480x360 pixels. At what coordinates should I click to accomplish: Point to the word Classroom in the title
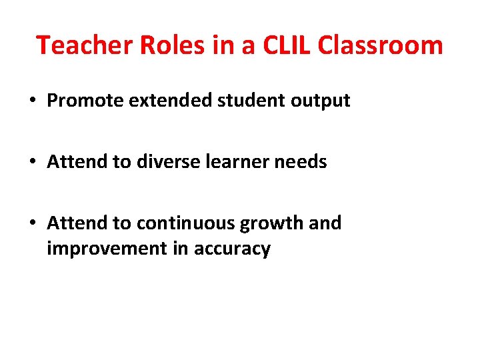(x=381, y=45)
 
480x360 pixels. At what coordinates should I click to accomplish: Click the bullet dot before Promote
(x=33, y=101)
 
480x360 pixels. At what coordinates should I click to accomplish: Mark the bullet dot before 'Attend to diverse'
(x=33, y=162)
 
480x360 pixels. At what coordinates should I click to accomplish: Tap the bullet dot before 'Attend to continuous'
(x=33, y=223)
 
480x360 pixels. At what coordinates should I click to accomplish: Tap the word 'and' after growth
(x=325, y=223)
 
